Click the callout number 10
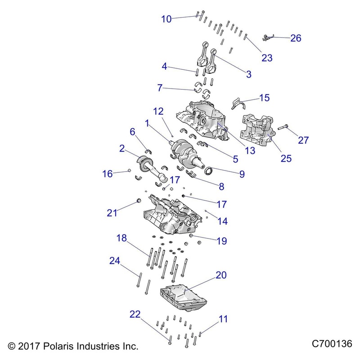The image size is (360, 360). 166,19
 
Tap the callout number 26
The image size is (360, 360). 296,38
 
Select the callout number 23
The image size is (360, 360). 267,58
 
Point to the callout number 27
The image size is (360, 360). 304,140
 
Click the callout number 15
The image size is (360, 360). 264,98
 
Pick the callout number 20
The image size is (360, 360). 221,275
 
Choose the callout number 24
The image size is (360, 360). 115,261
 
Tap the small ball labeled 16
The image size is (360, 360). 130,170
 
